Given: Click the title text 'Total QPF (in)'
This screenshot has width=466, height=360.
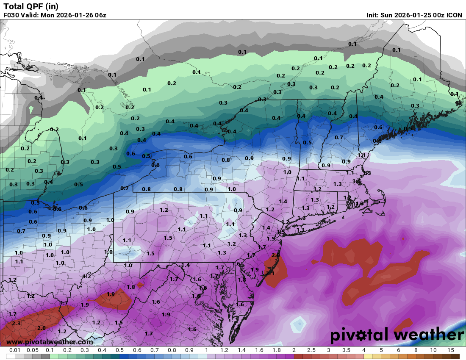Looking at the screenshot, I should [31, 6].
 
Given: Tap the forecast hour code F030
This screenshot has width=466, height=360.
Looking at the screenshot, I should [11, 15].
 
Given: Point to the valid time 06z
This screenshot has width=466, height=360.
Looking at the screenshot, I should [100, 15].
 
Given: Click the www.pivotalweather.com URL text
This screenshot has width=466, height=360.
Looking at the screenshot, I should [50, 342].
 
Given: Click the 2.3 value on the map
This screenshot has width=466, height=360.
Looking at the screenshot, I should [16, 323].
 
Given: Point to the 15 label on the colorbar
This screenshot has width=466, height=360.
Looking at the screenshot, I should [451, 351].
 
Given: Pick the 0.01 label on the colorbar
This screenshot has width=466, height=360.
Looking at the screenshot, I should [15, 351].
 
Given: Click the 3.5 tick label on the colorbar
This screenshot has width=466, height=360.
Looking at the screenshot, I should [346, 351].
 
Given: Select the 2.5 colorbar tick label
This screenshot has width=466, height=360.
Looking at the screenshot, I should [311, 351].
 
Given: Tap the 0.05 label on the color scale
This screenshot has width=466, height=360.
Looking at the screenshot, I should [33, 351].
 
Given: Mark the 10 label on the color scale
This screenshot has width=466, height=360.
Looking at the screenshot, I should [433, 351].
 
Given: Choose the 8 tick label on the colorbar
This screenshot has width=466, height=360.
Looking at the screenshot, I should [416, 351].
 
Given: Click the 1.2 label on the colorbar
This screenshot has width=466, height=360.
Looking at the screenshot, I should [224, 351].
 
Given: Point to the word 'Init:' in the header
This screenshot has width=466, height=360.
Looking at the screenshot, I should [374, 15].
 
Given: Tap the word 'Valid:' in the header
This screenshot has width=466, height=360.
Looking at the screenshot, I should [31, 15].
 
